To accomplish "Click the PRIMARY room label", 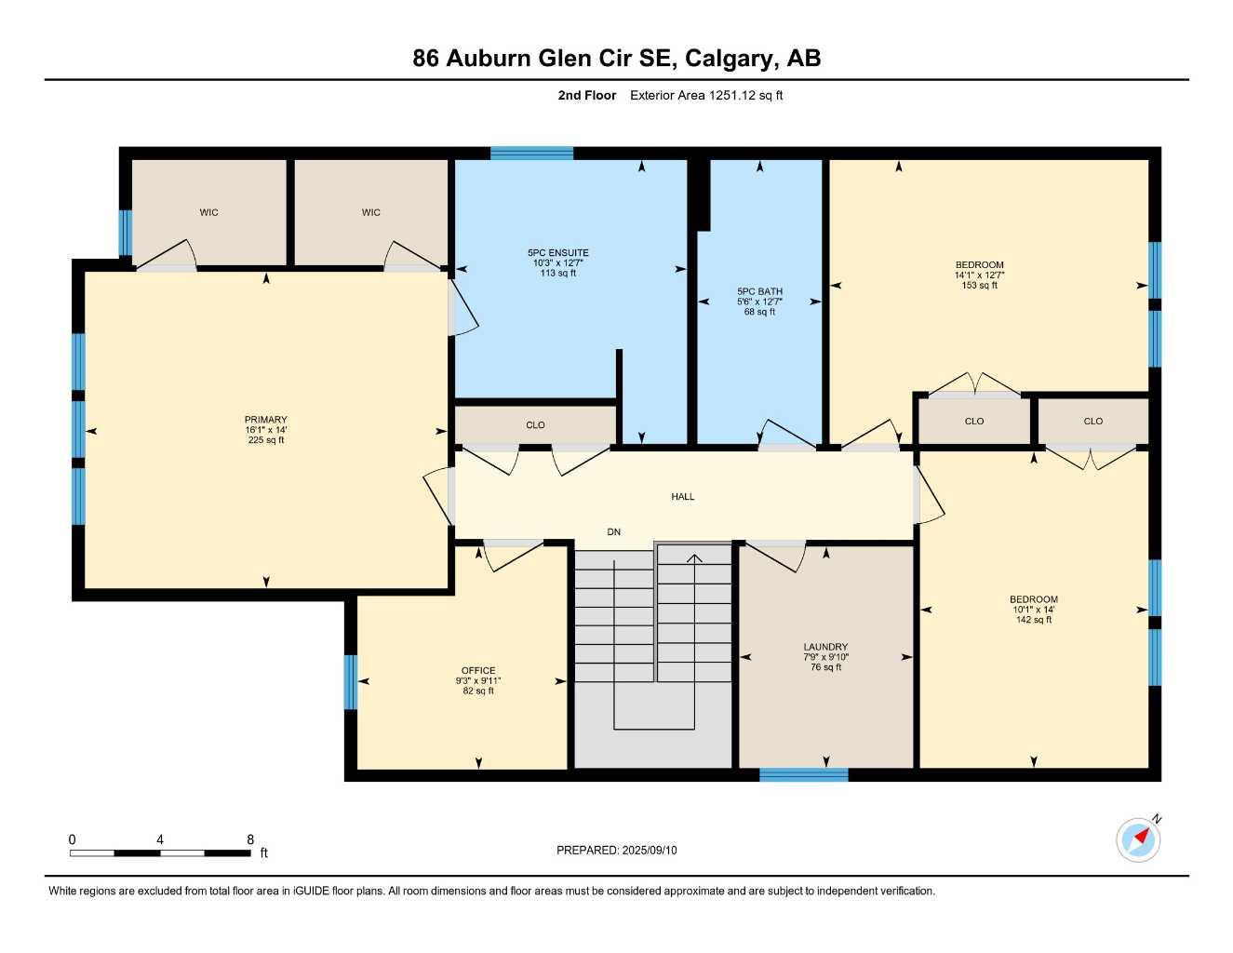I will [x=266, y=420].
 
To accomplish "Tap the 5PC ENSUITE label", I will [x=557, y=253].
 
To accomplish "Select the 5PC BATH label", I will [x=759, y=291].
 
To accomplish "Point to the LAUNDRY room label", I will [x=825, y=647].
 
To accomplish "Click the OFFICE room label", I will [x=478, y=670].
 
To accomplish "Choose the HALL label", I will [x=683, y=497].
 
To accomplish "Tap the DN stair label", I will [x=613, y=532].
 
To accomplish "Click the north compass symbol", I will [x=1139, y=839].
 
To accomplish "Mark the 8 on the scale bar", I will [x=250, y=839].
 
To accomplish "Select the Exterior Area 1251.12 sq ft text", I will [x=706, y=95].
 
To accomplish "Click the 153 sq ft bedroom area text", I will [x=979, y=286].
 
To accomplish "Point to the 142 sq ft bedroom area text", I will [x=1033, y=620].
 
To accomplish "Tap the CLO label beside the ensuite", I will [x=535, y=425].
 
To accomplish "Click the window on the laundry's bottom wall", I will [x=803, y=774].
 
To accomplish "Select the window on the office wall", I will [x=351, y=682].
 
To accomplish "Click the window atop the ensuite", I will [x=531, y=154].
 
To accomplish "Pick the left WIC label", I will [x=208, y=212].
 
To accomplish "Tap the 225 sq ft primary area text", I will [x=266, y=440].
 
